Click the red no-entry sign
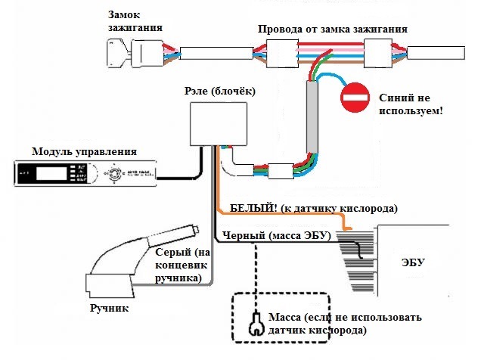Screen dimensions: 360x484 (x=353, y=98)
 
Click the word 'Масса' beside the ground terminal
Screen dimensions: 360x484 (x=285, y=316)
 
